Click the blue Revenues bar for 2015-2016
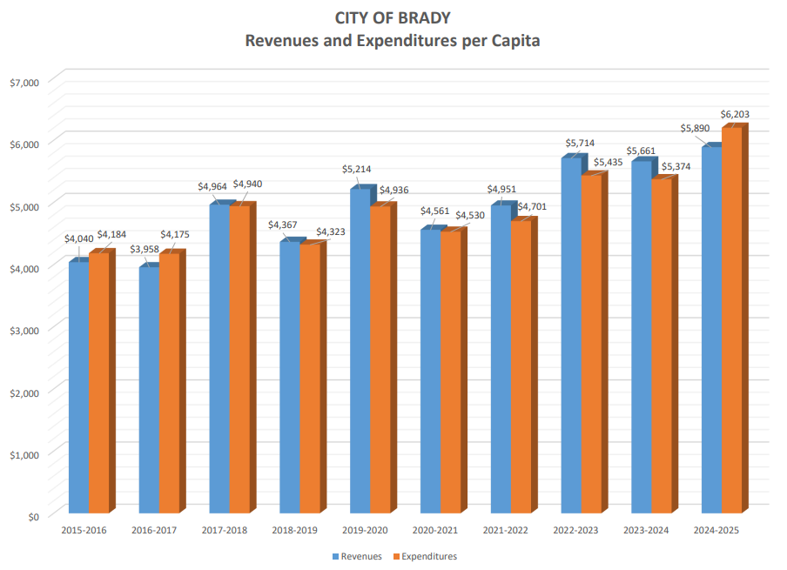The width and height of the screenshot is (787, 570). pyautogui.click(x=78, y=387)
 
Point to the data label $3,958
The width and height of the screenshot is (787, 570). pyautogui.click(x=145, y=250)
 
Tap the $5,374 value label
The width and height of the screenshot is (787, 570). pyautogui.click(x=676, y=166)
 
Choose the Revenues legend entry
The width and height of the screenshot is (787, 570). pyautogui.click(x=360, y=556)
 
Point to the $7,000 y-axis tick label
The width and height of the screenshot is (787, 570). pyautogui.click(x=24, y=83)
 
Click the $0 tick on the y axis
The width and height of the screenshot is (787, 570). pyautogui.click(x=33, y=516)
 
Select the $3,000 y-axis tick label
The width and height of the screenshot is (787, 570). pyautogui.click(x=24, y=331)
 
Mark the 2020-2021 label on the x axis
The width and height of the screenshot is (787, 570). pyautogui.click(x=435, y=530)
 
